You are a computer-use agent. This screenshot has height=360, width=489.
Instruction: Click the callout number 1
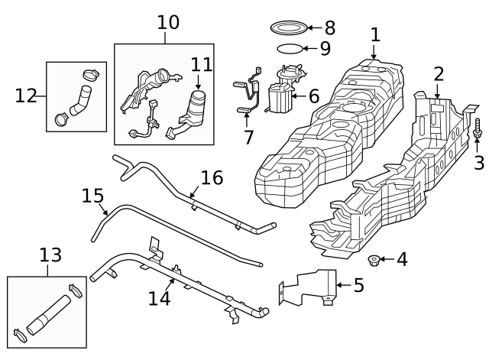point(375,34)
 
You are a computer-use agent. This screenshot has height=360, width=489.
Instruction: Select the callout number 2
point(439,74)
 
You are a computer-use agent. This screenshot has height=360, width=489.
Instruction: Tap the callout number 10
point(168,22)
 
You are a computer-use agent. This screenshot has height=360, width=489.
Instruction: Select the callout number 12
point(26,96)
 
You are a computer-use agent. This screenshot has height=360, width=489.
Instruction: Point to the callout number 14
point(159,298)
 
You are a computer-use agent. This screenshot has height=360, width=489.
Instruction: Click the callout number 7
point(248,138)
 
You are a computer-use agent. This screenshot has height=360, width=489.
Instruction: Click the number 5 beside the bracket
point(358,287)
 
